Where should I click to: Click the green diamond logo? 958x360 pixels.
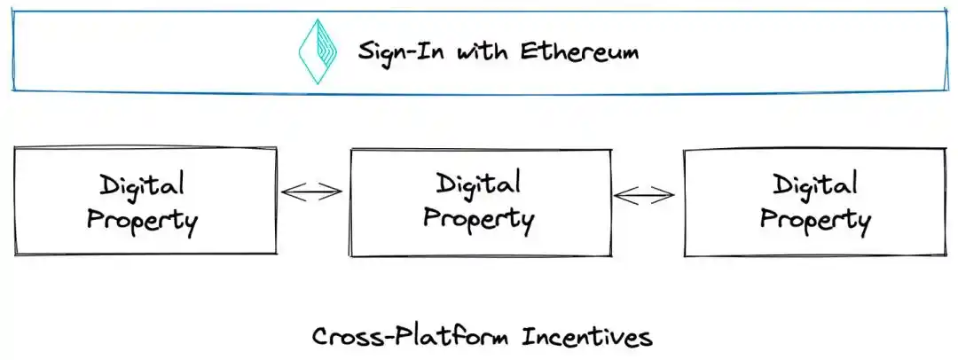pyautogui.click(x=318, y=51)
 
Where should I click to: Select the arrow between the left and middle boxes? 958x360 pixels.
pyautogui.click(x=311, y=192)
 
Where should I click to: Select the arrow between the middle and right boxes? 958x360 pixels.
pyautogui.click(x=645, y=195)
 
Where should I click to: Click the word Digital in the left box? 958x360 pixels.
pyautogui.click(x=142, y=185)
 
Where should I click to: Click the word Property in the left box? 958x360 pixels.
pyautogui.click(x=142, y=220)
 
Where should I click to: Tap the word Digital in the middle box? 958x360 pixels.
pyautogui.click(x=478, y=184)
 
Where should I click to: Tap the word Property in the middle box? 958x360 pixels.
pyautogui.click(x=478, y=218)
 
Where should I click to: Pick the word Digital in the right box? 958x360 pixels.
pyautogui.click(x=814, y=185)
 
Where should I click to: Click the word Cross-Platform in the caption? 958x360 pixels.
pyautogui.click(x=412, y=337)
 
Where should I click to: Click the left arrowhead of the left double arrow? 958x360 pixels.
pyautogui.click(x=287, y=192)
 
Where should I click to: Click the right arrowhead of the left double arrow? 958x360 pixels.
pyautogui.click(x=336, y=192)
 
